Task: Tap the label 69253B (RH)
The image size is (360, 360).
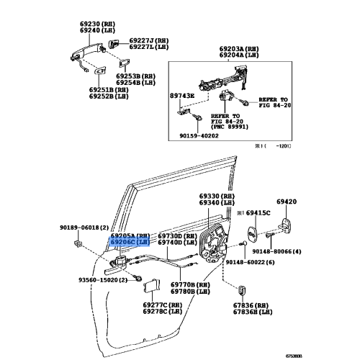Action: [x=138, y=76]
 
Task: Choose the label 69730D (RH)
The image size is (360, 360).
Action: [x=177, y=236]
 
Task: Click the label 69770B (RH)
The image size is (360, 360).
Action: [x=190, y=286]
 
